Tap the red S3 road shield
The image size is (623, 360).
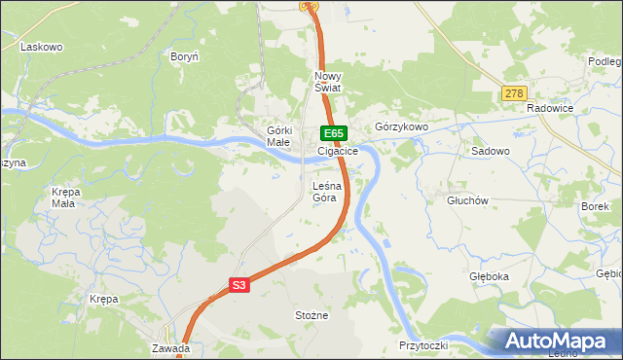click(240, 285)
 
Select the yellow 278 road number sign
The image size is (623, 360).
click(514, 94)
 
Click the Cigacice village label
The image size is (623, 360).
click(338, 152)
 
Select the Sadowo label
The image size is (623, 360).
click(491, 152)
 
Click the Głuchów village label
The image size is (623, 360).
click(466, 200)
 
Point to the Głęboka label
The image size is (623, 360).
click(488, 276)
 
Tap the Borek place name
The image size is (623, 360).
click(595, 206)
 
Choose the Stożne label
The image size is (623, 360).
click(311, 315)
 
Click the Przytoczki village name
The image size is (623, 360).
click(422, 346)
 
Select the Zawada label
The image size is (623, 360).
click(170, 347)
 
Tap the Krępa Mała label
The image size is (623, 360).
click(64, 198)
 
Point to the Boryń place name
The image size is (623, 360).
click(185, 56)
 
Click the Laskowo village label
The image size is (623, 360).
click(41, 47)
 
